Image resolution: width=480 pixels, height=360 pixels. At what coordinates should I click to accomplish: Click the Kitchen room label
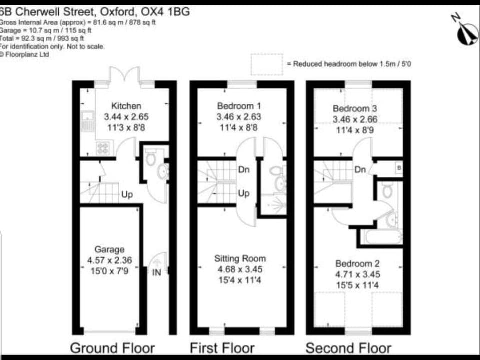(126, 106)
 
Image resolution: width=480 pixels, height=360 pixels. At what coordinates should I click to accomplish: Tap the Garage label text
(109, 249)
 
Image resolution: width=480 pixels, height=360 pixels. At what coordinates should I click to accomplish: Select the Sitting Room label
(240, 259)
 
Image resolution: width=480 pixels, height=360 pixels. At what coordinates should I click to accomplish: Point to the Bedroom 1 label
(239, 106)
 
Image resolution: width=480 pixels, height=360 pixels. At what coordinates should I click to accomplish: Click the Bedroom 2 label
(354, 263)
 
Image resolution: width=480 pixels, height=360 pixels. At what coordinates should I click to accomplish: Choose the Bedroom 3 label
(355, 108)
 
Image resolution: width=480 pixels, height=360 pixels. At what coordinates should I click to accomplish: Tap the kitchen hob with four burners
(103, 148)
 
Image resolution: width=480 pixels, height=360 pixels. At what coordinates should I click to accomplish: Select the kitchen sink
(87, 120)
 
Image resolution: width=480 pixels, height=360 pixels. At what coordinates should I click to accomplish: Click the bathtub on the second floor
(383, 236)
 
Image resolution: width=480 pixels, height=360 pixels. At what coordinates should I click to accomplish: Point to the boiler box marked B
(398, 168)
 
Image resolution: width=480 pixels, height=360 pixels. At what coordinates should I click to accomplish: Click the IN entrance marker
(157, 272)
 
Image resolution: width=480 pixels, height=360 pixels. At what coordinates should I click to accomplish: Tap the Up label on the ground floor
(127, 194)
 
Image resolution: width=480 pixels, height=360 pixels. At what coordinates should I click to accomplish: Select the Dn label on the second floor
(360, 169)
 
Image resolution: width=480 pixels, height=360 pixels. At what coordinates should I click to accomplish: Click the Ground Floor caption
(112, 348)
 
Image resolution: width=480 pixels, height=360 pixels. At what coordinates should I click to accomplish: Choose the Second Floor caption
(348, 348)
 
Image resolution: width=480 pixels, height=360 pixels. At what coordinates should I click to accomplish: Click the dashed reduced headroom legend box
(266, 64)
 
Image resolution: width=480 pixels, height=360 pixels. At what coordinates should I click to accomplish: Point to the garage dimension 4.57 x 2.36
(109, 260)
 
